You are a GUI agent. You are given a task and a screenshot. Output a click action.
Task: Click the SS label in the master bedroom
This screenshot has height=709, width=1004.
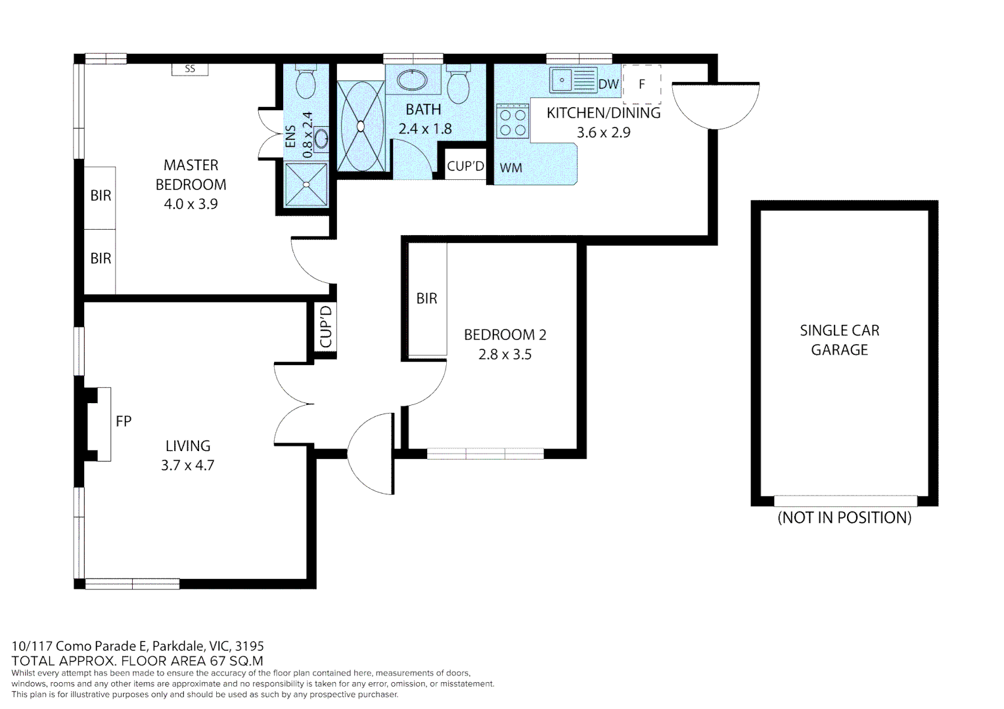pos(190,69)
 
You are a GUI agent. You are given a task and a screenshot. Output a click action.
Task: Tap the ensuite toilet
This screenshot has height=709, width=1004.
pos(306,83)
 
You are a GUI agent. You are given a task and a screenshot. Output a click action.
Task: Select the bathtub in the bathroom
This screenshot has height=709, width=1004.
pos(360,126)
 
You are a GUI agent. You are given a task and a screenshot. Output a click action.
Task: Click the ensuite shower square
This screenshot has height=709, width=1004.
pos(306,184)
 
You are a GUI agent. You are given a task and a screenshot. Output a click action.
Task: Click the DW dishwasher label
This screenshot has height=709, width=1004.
pos(608,84)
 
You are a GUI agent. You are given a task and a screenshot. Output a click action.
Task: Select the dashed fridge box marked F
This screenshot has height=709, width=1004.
pos(642,84)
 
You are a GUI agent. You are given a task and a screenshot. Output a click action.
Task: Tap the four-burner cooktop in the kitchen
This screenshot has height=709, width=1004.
pos(513,121)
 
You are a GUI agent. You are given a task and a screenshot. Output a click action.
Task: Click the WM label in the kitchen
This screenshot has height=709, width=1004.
pos(511,168)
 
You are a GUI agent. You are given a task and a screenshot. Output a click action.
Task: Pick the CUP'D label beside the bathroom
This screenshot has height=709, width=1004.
pos(465,167)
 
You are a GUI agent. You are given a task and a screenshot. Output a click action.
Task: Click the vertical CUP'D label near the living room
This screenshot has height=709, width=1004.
pos(326,327)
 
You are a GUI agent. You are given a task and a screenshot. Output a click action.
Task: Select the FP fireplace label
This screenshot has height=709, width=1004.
pos(124,421)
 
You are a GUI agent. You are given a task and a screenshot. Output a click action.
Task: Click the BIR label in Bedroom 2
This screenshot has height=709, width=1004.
pos(426,299)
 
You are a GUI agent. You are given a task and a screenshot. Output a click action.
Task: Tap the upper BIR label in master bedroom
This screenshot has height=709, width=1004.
pos(101,196)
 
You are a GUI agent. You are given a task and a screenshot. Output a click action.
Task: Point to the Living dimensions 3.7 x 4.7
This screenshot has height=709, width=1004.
pos(188,465)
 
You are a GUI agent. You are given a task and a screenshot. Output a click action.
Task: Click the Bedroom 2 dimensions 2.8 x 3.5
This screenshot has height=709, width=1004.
pos(505,354)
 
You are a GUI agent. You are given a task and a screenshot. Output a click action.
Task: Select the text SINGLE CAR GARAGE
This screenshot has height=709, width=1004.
pos(839,340)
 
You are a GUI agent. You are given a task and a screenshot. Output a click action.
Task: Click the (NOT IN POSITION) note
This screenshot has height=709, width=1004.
pos(844,517)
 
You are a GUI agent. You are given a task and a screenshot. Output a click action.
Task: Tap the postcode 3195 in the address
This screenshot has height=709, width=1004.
pos(250,646)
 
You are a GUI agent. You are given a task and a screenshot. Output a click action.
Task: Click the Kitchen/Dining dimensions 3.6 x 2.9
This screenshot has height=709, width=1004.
pos(603,133)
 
